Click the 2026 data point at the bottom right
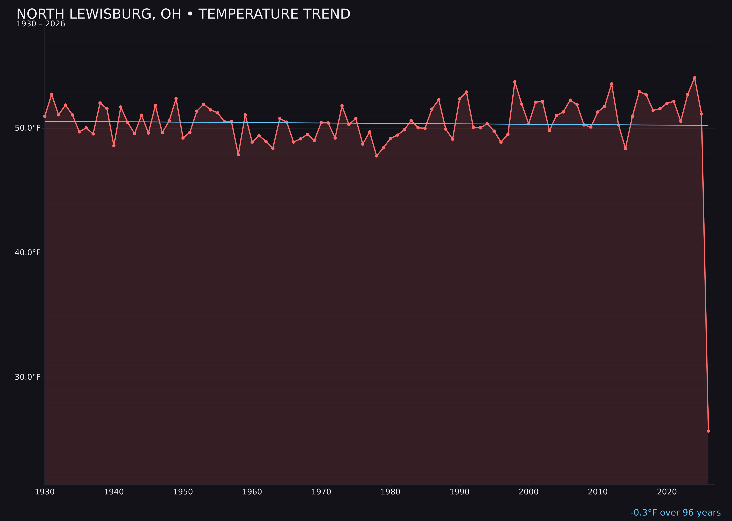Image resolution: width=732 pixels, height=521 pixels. (708, 431)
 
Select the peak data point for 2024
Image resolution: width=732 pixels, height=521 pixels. (694, 78)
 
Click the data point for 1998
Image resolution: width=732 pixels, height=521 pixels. (515, 82)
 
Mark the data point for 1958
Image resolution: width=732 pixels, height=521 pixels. (238, 155)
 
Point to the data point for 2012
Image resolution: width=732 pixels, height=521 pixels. (612, 84)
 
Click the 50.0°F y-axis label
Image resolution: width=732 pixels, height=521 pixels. (28, 128)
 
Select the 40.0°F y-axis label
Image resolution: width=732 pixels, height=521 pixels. (28, 252)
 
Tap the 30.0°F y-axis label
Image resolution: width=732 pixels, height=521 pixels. (28, 377)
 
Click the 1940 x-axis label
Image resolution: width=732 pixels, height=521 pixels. (114, 492)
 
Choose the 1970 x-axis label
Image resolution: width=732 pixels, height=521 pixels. (321, 492)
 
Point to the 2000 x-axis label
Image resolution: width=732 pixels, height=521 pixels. (529, 492)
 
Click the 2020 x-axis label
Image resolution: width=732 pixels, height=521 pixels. (667, 492)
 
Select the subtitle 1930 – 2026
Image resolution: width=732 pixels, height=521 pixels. (41, 24)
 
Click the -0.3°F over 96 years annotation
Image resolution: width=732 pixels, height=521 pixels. (675, 513)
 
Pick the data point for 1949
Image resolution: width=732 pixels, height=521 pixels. (176, 99)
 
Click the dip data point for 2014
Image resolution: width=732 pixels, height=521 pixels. (625, 149)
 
